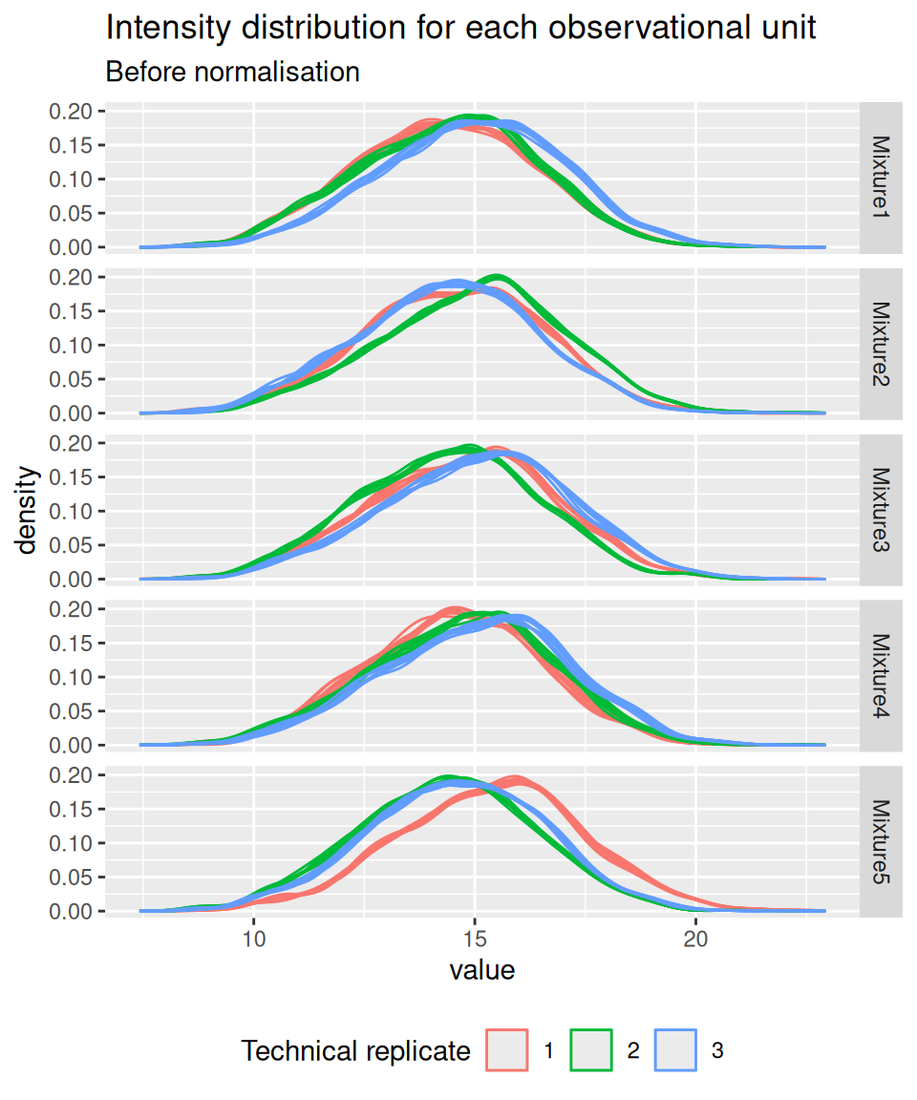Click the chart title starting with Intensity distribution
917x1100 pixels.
pos(460,28)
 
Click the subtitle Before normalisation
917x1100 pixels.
pos(232,72)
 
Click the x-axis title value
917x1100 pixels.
pos(482,971)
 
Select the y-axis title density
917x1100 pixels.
pos(28,510)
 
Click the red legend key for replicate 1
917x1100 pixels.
pos(508,1051)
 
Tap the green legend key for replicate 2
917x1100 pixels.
pos(591,1051)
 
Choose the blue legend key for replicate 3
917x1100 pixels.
pos(675,1051)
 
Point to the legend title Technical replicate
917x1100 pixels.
pos(355,1051)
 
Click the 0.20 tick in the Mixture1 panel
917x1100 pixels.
pos(70,111)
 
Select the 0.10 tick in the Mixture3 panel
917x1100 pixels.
pos(70,511)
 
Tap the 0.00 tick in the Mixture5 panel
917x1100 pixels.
pos(70,911)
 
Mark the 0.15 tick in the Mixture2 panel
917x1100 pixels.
pos(70,311)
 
